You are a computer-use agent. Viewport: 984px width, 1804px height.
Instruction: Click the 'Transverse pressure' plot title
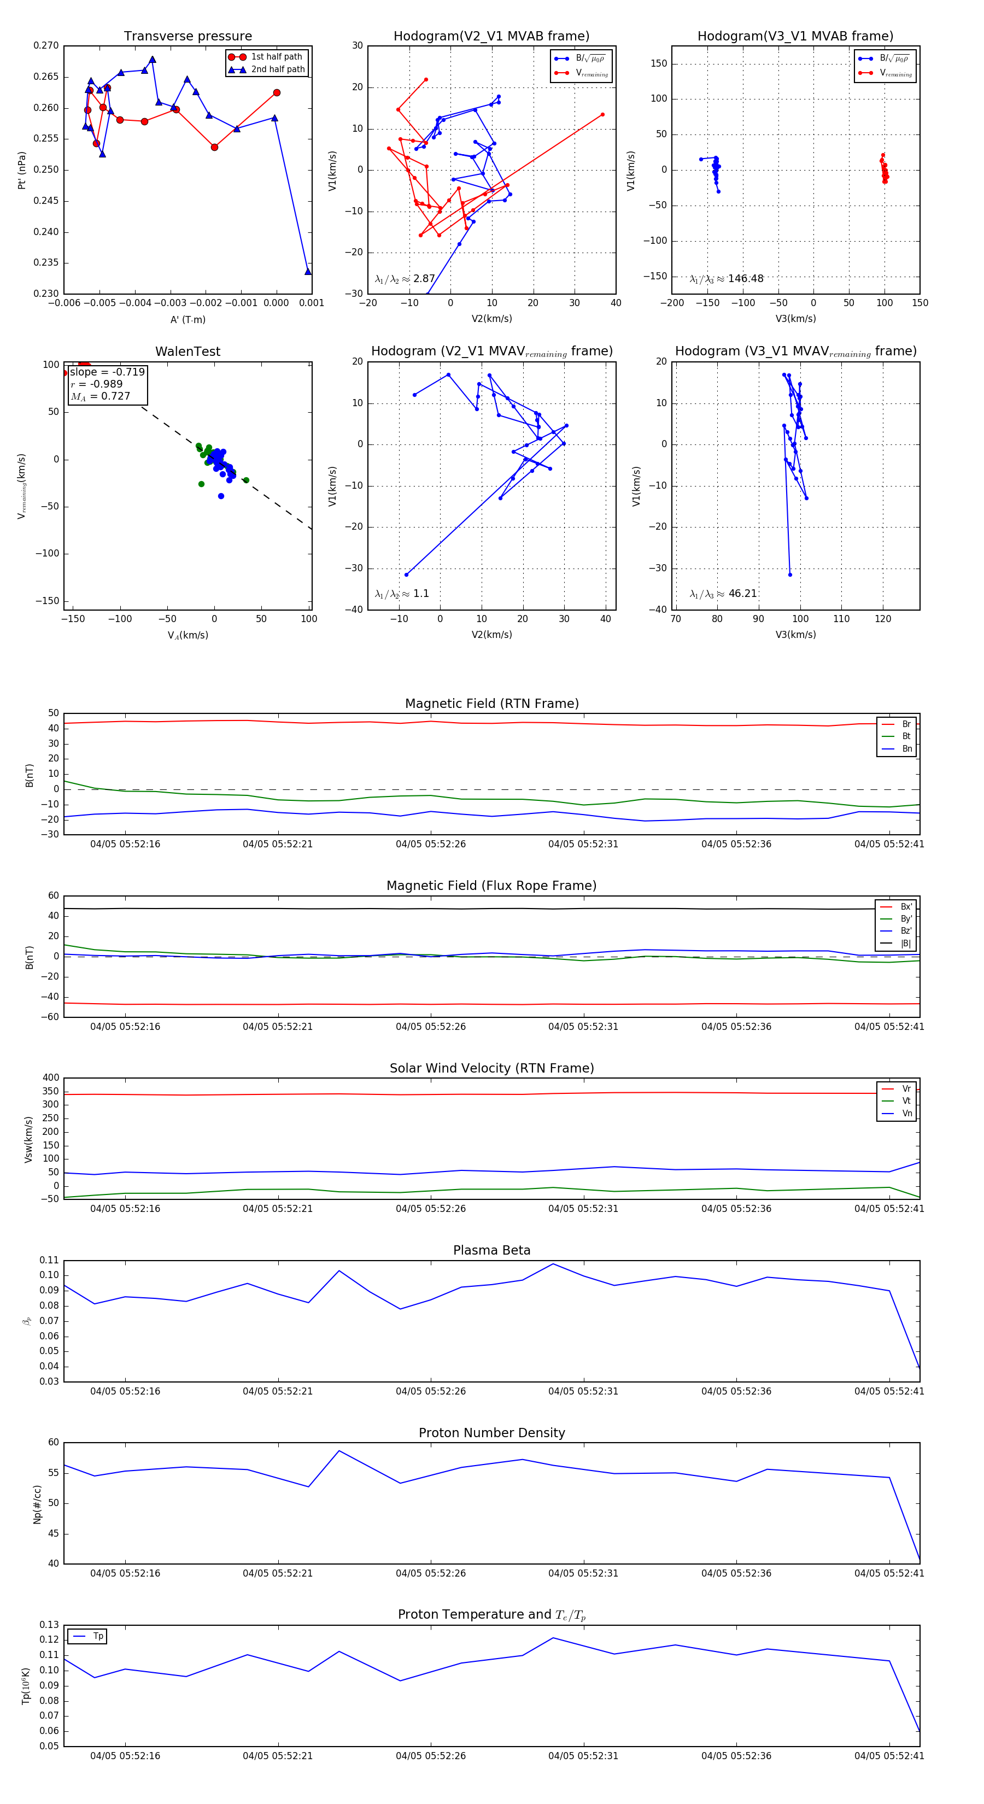188,37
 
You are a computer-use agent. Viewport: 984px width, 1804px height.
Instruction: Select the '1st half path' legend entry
276,57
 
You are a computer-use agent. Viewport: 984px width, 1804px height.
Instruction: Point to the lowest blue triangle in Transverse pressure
307,272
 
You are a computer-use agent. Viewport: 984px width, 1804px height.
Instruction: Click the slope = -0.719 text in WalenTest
107,372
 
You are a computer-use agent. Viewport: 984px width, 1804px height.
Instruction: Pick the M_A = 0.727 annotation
101,396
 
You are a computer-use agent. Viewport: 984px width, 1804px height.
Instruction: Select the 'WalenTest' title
188,352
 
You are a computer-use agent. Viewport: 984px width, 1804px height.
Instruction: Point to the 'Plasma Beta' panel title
491,1250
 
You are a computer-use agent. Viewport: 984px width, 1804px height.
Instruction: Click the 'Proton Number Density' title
491,1433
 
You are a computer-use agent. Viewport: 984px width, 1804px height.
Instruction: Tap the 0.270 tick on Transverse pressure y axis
46,45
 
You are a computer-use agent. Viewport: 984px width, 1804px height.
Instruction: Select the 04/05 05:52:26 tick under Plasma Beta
431,1391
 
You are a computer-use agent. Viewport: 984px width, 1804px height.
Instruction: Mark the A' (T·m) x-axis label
188,319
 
